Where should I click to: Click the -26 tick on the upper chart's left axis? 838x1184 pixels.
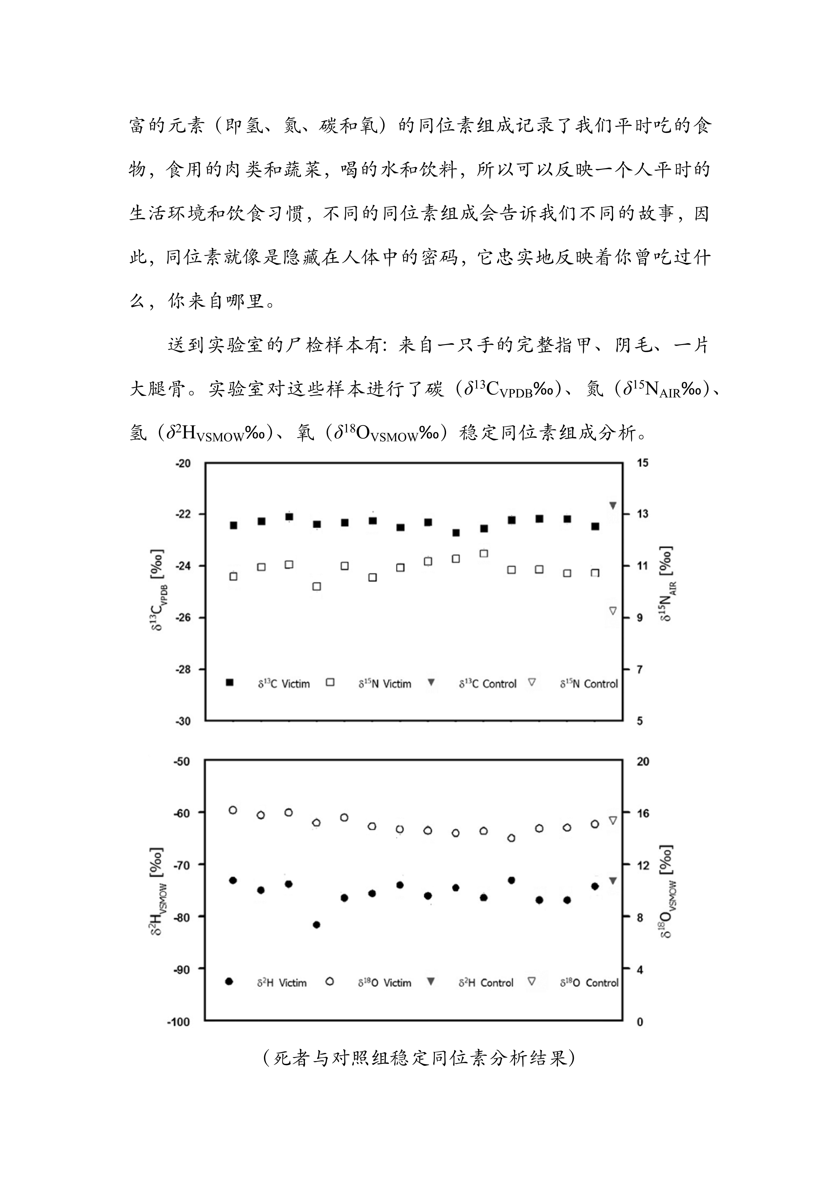[183, 618]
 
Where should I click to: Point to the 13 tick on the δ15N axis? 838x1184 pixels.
[642, 514]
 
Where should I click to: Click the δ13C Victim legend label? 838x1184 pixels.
[284, 684]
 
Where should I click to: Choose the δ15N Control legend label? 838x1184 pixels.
[589, 684]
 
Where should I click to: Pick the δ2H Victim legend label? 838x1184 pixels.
[282, 983]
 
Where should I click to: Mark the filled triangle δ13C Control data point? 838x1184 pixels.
[613, 505]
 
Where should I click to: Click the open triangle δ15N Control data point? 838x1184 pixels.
[613, 610]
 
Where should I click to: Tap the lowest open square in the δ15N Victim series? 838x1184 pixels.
[317, 586]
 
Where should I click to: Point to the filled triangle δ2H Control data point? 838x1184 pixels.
[613, 881]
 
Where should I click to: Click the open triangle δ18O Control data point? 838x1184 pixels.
[613, 820]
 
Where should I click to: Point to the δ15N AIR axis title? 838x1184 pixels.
[668, 583]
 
